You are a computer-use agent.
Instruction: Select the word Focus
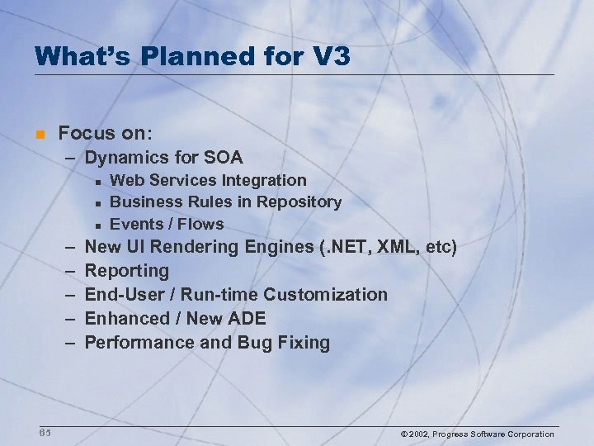point(86,132)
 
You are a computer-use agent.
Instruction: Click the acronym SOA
point(224,157)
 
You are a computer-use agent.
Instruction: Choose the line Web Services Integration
point(208,180)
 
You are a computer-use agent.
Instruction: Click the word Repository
point(300,202)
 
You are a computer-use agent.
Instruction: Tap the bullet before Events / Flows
point(97,225)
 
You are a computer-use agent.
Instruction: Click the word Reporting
point(127,271)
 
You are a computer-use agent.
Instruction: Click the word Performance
point(136,342)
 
